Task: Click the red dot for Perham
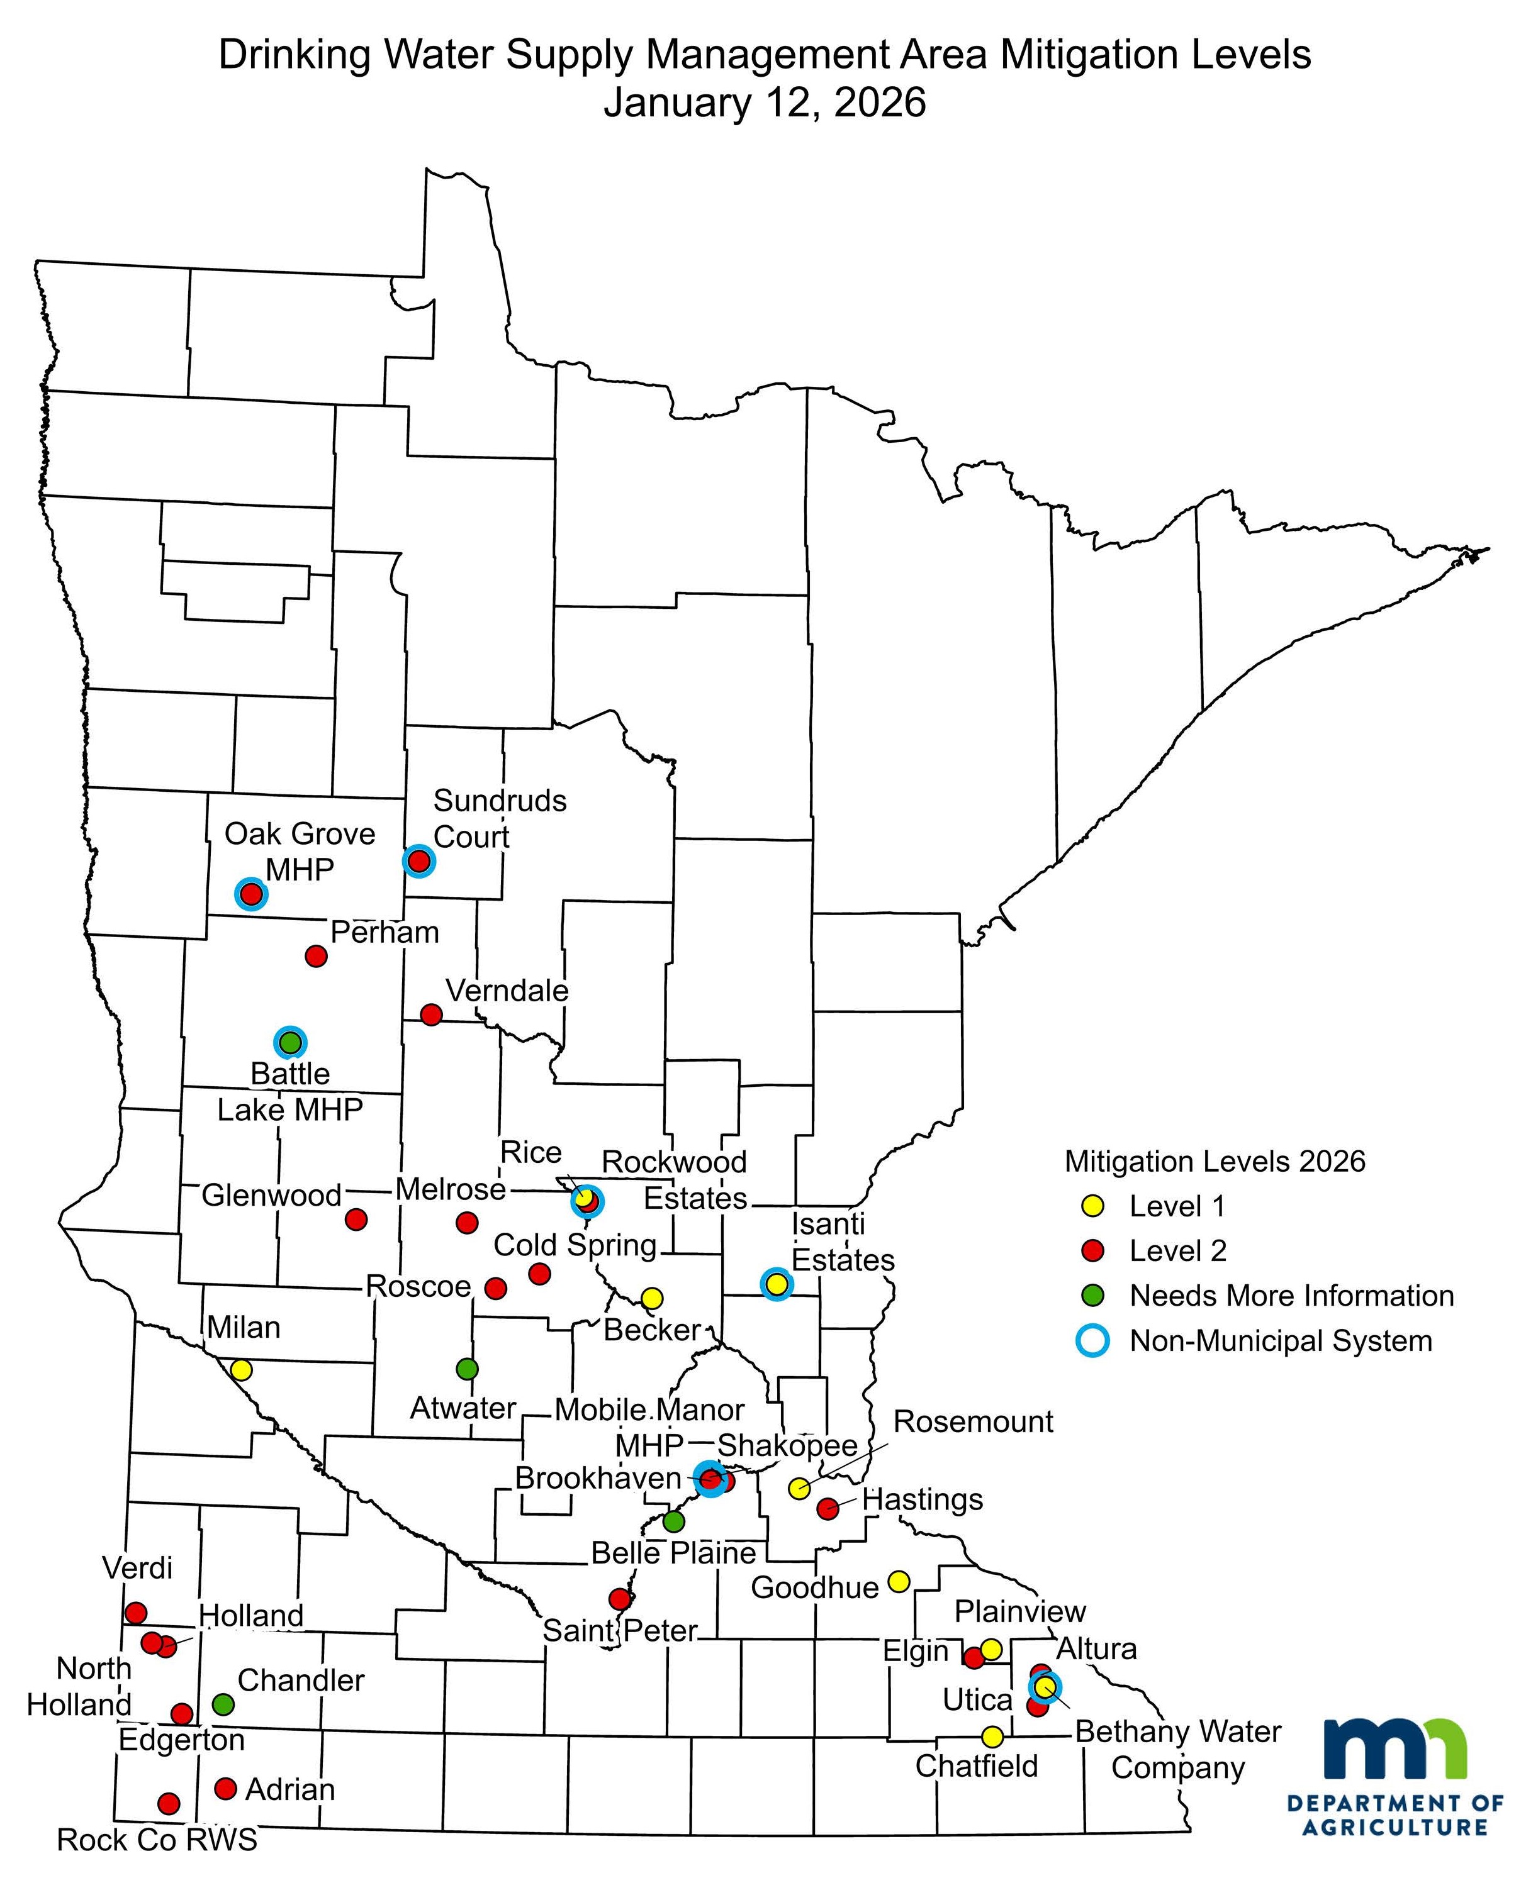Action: coord(316,955)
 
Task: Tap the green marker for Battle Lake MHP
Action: coord(290,1043)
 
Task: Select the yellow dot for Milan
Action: coord(241,1369)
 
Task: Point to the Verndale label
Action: coord(507,991)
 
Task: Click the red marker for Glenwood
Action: coord(356,1219)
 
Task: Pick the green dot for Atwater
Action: coord(468,1369)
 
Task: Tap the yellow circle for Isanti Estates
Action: coord(777,1284)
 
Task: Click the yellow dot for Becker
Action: coord(651,1298)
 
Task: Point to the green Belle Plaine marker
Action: coord(673,1521)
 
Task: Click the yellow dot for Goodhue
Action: coord(897,1581)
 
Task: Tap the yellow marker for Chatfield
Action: coord(992,1737)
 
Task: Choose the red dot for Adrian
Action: coord(226,1789)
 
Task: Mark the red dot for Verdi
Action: coord(135,1613)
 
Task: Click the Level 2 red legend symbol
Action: coord(1093,1251)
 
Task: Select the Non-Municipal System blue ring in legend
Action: coord(1093,1340)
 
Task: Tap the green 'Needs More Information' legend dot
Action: coord(1093,1296)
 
